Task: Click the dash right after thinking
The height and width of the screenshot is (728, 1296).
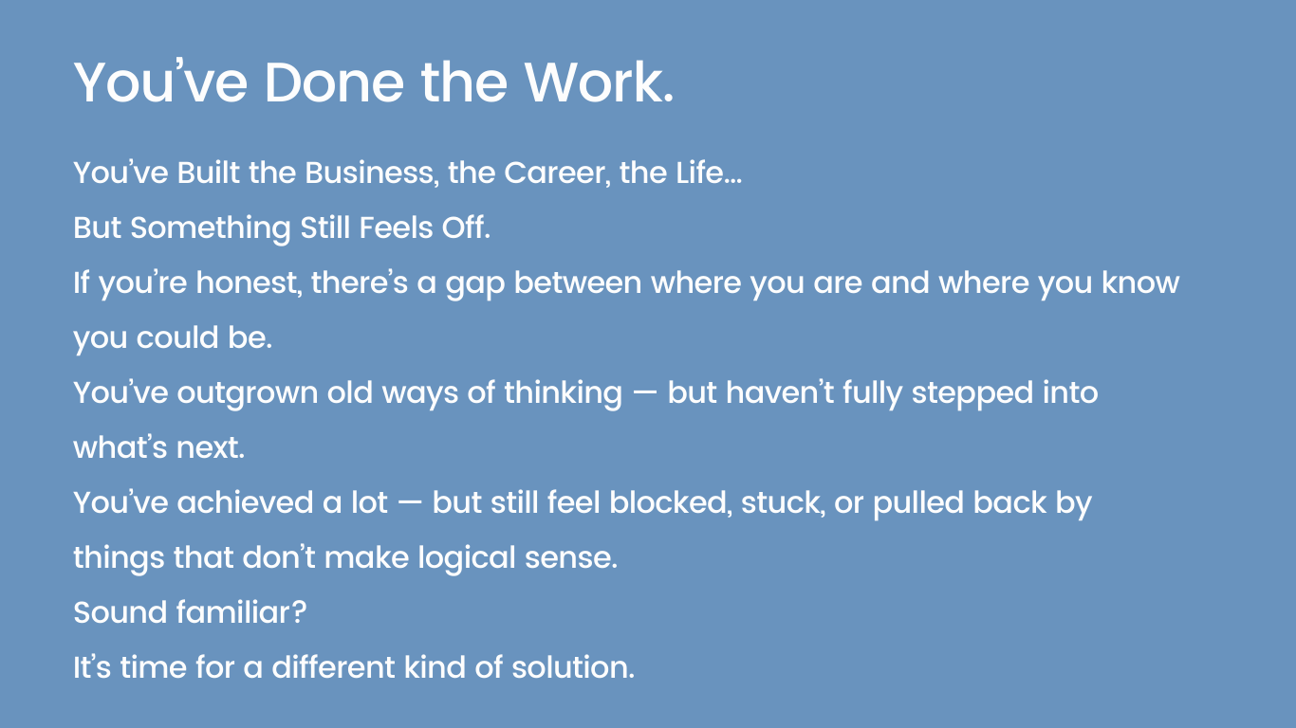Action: [x=645, y=393]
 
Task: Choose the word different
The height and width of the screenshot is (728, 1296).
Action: [x=330, y=667]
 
